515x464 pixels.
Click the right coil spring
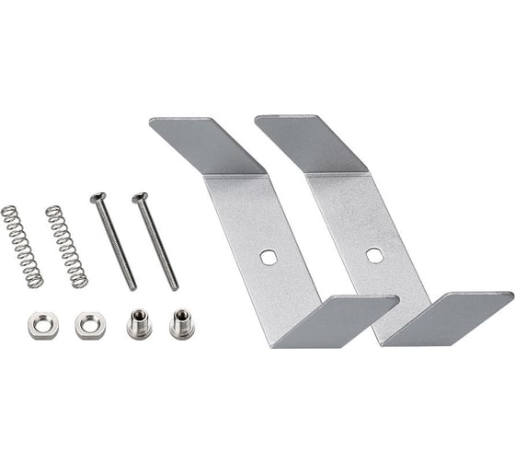point(66,246)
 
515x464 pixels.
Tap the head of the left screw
point(97,196)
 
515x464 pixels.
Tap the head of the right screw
point(140,196)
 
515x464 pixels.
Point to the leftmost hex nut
point(42,324)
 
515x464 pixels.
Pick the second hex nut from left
point(90,324)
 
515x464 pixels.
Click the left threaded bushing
point(138,324)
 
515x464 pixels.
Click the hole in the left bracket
point(268,258)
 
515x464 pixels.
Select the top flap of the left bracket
point(206,144)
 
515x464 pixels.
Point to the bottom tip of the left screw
point(133,287)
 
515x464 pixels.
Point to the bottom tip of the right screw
point(176,287)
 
